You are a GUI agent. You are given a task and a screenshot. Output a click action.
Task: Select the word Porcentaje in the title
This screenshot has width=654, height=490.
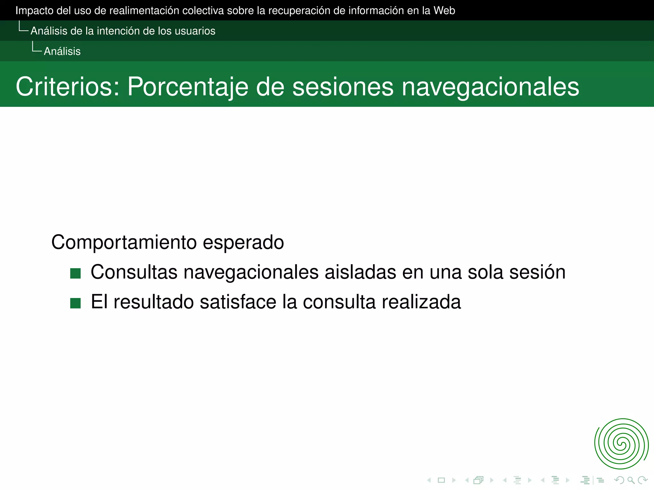(x=187, y=86)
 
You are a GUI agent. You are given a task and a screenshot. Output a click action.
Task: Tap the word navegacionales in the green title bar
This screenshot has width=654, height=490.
(x=490, y=87)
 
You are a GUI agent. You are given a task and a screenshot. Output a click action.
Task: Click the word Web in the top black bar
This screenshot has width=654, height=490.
(x=444, y=11)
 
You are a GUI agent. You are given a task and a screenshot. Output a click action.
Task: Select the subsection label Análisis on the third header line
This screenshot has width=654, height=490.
(x=62, y=51)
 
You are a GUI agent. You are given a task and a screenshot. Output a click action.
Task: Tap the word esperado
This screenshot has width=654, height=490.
(x=243, y=242)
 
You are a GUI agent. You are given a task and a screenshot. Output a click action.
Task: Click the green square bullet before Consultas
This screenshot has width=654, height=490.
(x=75, y=273)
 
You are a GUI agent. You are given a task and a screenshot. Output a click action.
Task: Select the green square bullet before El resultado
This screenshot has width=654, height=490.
(x=75, y=303)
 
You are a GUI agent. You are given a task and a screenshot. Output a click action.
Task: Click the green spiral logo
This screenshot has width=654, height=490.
(x=621, y=444)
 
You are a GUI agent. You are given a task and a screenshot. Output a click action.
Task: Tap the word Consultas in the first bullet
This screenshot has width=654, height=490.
(x=134, y=272)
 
